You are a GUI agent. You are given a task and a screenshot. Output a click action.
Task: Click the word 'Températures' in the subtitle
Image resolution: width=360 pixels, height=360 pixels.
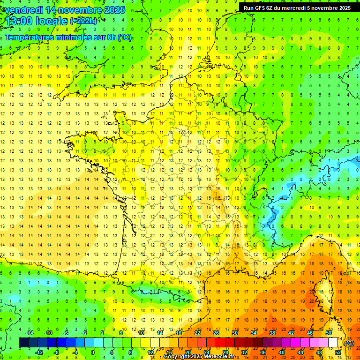coord(31,37)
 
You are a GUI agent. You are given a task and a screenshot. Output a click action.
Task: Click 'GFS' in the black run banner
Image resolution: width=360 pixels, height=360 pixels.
coord(262,8)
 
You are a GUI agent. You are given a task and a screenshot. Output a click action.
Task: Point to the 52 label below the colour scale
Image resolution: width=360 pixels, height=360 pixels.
coord(338,352)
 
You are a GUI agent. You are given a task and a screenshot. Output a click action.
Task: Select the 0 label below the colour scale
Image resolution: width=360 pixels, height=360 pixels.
coord(93,352)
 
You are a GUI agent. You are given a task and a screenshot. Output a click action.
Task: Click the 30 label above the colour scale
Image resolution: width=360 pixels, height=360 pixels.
coord(234,333)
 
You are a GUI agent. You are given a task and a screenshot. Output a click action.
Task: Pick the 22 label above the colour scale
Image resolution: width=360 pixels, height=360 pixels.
coord(197,333)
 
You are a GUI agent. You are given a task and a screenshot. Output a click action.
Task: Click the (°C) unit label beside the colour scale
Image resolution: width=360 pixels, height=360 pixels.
coord(350,343)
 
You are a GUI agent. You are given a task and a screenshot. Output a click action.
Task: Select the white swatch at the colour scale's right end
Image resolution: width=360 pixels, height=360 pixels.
coord(333,343)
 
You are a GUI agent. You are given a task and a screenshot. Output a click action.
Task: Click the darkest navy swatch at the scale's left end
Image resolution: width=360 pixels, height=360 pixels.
coord(23,343)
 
